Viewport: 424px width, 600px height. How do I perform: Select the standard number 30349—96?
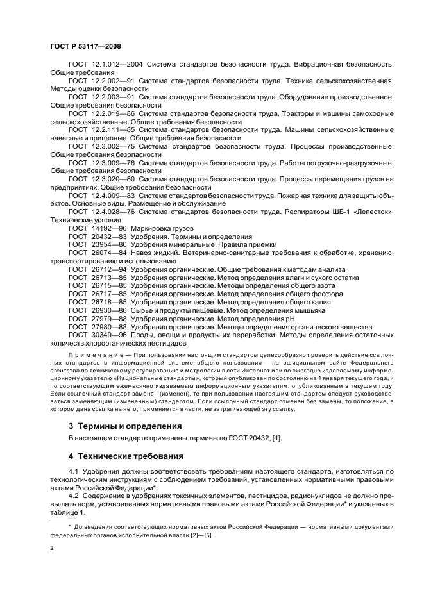point(110,335)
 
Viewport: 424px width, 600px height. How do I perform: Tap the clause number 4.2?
point(74,496)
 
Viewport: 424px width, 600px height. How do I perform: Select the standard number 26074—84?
point(110,253)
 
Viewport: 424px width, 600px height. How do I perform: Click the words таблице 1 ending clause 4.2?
point(67,513)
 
